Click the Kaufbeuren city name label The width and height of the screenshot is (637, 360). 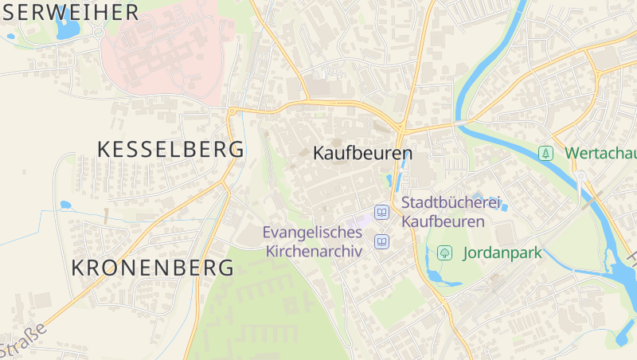(362, 153)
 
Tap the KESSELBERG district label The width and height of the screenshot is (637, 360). (170, 149)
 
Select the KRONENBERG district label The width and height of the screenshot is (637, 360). (153, 268)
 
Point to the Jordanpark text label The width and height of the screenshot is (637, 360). (502, 253)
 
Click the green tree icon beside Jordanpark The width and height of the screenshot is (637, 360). (445, 253)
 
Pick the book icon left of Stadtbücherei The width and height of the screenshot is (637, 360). (382, 212)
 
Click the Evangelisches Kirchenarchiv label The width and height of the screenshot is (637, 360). (313, 241)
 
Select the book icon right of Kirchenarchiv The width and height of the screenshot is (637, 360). (382, 241)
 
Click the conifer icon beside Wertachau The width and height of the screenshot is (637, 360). (545, 152)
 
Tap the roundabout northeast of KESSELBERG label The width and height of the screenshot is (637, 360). (232, 111)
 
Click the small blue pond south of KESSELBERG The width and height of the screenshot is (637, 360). (65, 205)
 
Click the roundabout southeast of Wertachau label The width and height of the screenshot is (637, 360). (581, 176)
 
